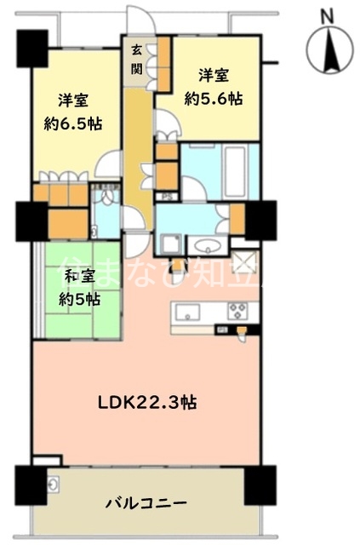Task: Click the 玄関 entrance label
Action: click(137, 61)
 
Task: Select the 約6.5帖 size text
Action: click(73, 123)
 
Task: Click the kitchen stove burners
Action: click(236, 310)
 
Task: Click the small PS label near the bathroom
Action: click(166, 198)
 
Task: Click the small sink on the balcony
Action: click(53, 486)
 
